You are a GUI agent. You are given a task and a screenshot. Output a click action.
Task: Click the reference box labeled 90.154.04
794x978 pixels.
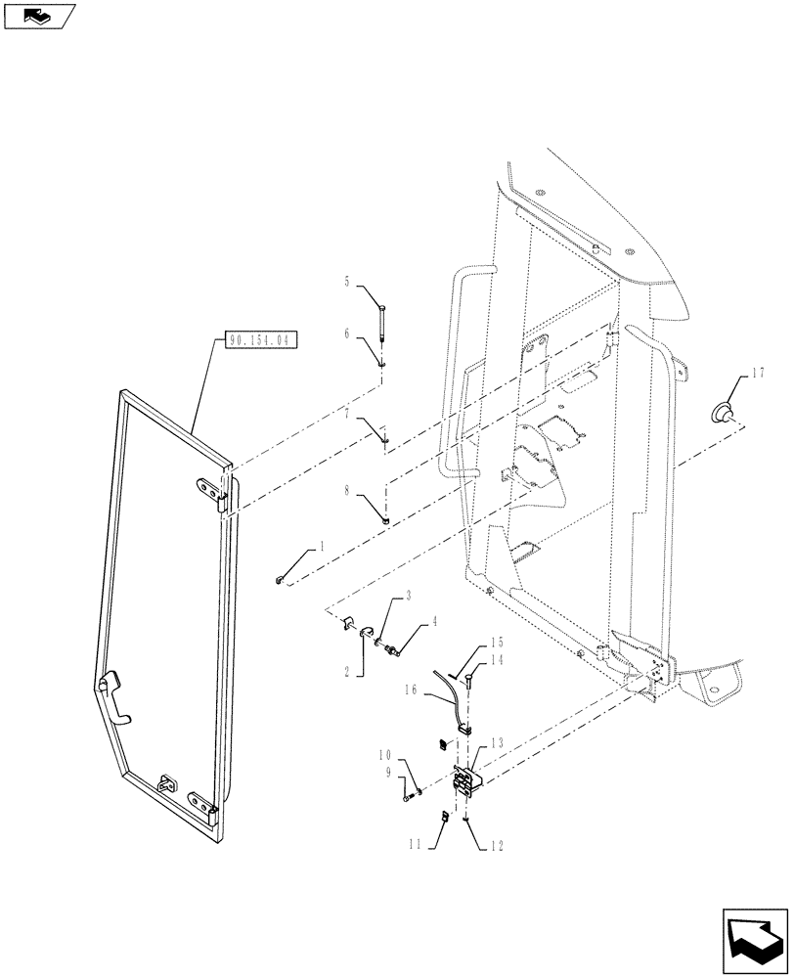coord(261,340)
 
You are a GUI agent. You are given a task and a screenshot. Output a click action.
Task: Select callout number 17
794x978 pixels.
coord(759,373)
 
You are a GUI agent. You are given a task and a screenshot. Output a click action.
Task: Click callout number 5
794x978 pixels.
coord(346,282)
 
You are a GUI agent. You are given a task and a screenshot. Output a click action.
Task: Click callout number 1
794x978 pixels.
coord(319,550)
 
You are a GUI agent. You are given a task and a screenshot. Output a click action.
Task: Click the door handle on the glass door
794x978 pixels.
coord(111,695)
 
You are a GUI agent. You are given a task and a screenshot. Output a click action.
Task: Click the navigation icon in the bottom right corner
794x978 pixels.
coord(754,938)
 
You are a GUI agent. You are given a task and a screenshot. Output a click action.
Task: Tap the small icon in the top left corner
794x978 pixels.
coord(39,16)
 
